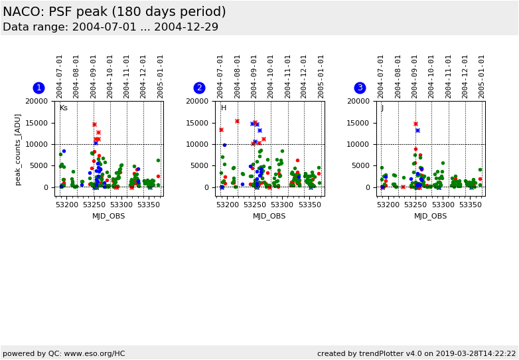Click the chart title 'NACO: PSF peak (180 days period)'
pos(114,12)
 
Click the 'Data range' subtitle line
pos(110,27)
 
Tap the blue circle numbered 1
pos(38,88)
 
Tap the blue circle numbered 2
pos(199,88)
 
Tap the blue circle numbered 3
pos(360,88)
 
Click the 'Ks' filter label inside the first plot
pos(64,108)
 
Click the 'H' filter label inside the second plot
pos(224,108)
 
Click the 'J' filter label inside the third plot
pos(382,108)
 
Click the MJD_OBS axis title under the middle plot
pos(269,216)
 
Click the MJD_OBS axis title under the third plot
pos(430,216)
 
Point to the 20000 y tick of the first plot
pos(37,101)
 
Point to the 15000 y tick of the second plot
pos(197,123)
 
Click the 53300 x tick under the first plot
pos(121,205)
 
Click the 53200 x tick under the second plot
pos(227,205)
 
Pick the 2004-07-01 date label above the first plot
pos(60,76)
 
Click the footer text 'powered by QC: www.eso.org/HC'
pos(64,353)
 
